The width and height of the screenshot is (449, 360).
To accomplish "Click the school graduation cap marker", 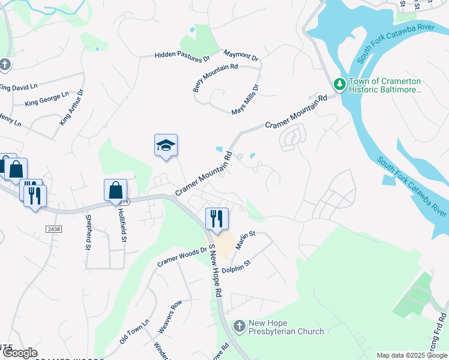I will tap(166, 146).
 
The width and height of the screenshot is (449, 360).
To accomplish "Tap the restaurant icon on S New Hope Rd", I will tap(217, 218).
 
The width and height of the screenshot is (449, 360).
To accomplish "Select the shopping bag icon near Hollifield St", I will tap(115, 191).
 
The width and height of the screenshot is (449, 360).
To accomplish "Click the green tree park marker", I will tap(339, 85).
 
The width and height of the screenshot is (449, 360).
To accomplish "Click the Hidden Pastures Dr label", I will tap(182, 56).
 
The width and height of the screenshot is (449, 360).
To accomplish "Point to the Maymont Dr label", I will tap(241, 56).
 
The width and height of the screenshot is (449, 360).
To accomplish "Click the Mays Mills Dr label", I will tap(246, 100).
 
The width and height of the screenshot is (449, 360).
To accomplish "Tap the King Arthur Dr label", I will tap(72, 107).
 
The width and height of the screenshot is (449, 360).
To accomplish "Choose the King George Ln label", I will tap(47, 99).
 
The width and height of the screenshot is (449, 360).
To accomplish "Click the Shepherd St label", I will tap(88, 232).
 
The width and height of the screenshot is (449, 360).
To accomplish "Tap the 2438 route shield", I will tap(53, 229).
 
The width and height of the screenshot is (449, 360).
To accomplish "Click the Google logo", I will tap(20, 353).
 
